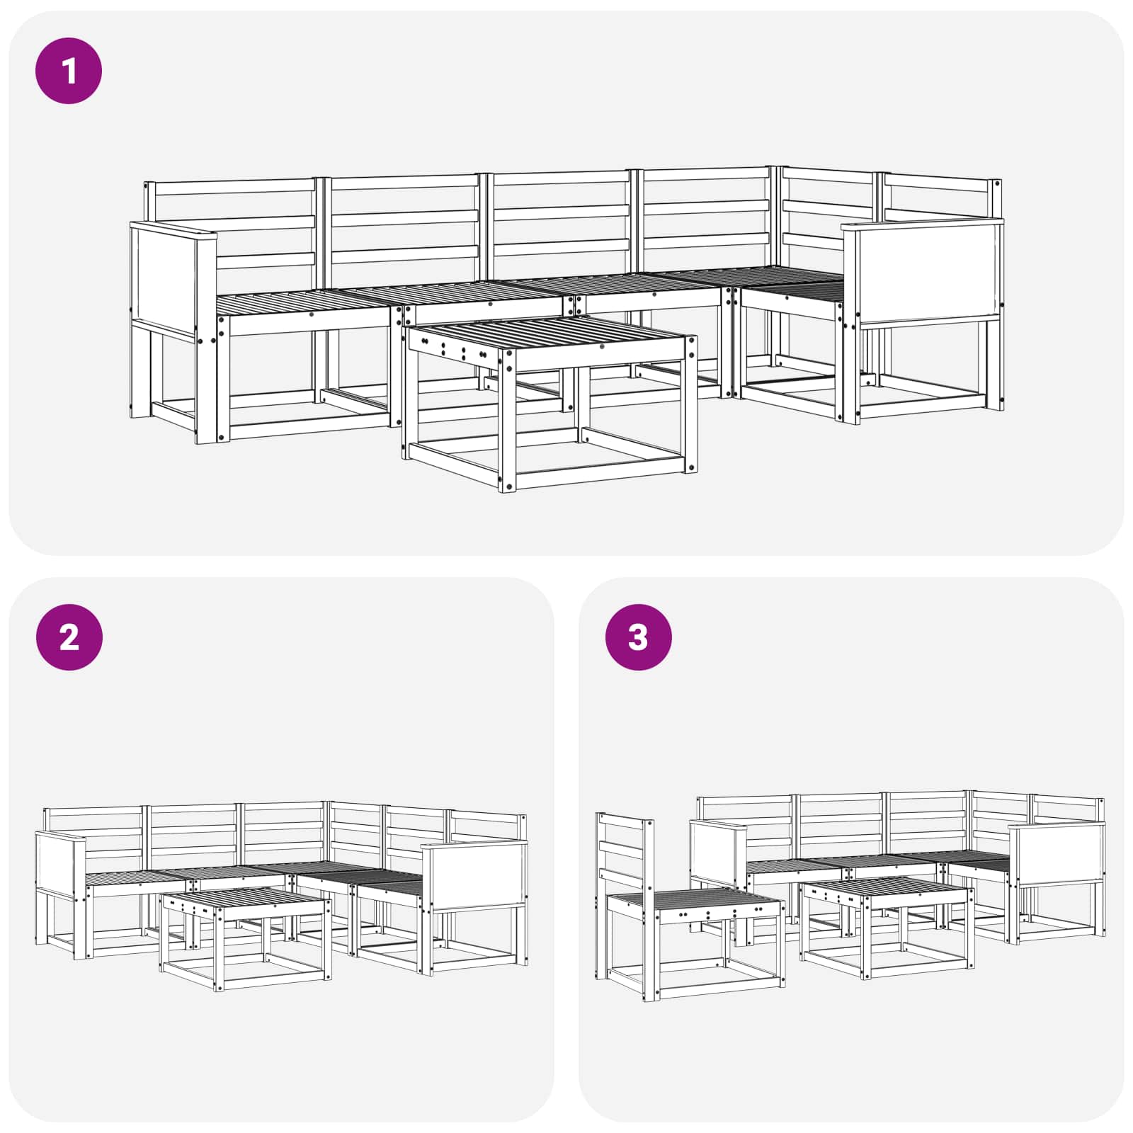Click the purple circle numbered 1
(69, 71)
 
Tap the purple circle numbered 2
(69, 637)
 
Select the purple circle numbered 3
(638, 637)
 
